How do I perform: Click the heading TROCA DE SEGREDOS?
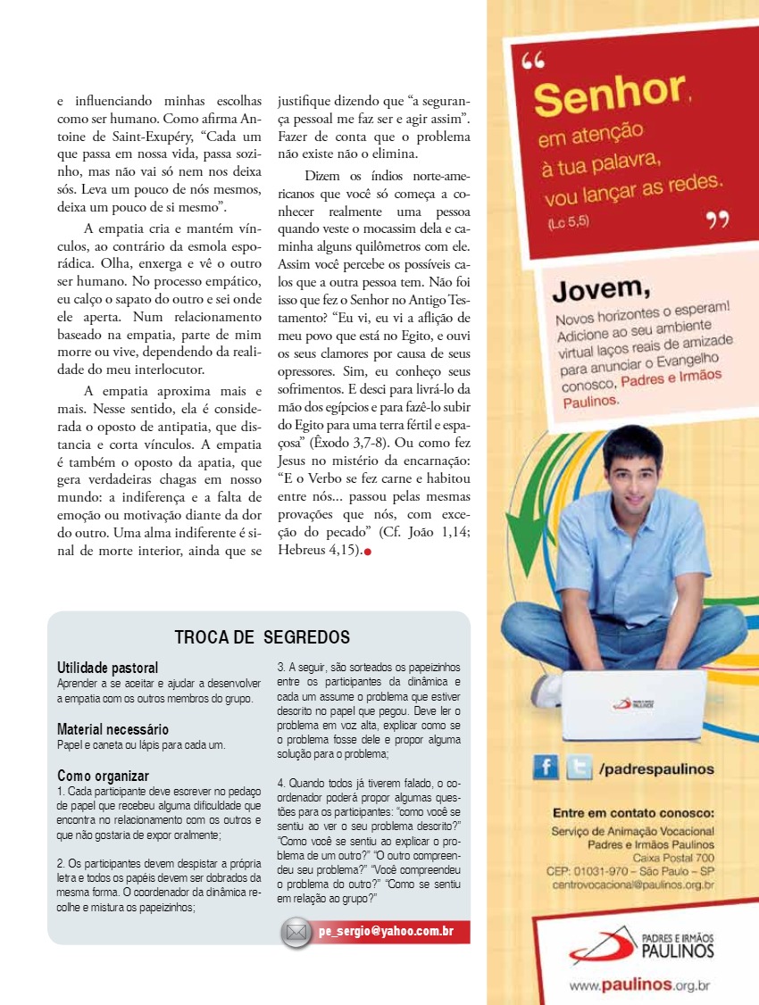click(x=262, y=637)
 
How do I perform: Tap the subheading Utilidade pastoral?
click(x=107, y=668)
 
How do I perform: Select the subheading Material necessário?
click(x=113, y=729)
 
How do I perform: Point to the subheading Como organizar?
click(x=103, y=776)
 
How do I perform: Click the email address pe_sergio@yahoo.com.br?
click(x=386, y=932)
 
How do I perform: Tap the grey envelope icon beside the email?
click(x=296, y=933)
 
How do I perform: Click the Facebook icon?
click(x=546, y=768)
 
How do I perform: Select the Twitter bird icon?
click(x=579, y=768)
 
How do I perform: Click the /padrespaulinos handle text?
click(x=656, y=768)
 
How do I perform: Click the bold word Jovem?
click(x=600, y=289)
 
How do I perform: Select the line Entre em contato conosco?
click(x=633, y=813)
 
